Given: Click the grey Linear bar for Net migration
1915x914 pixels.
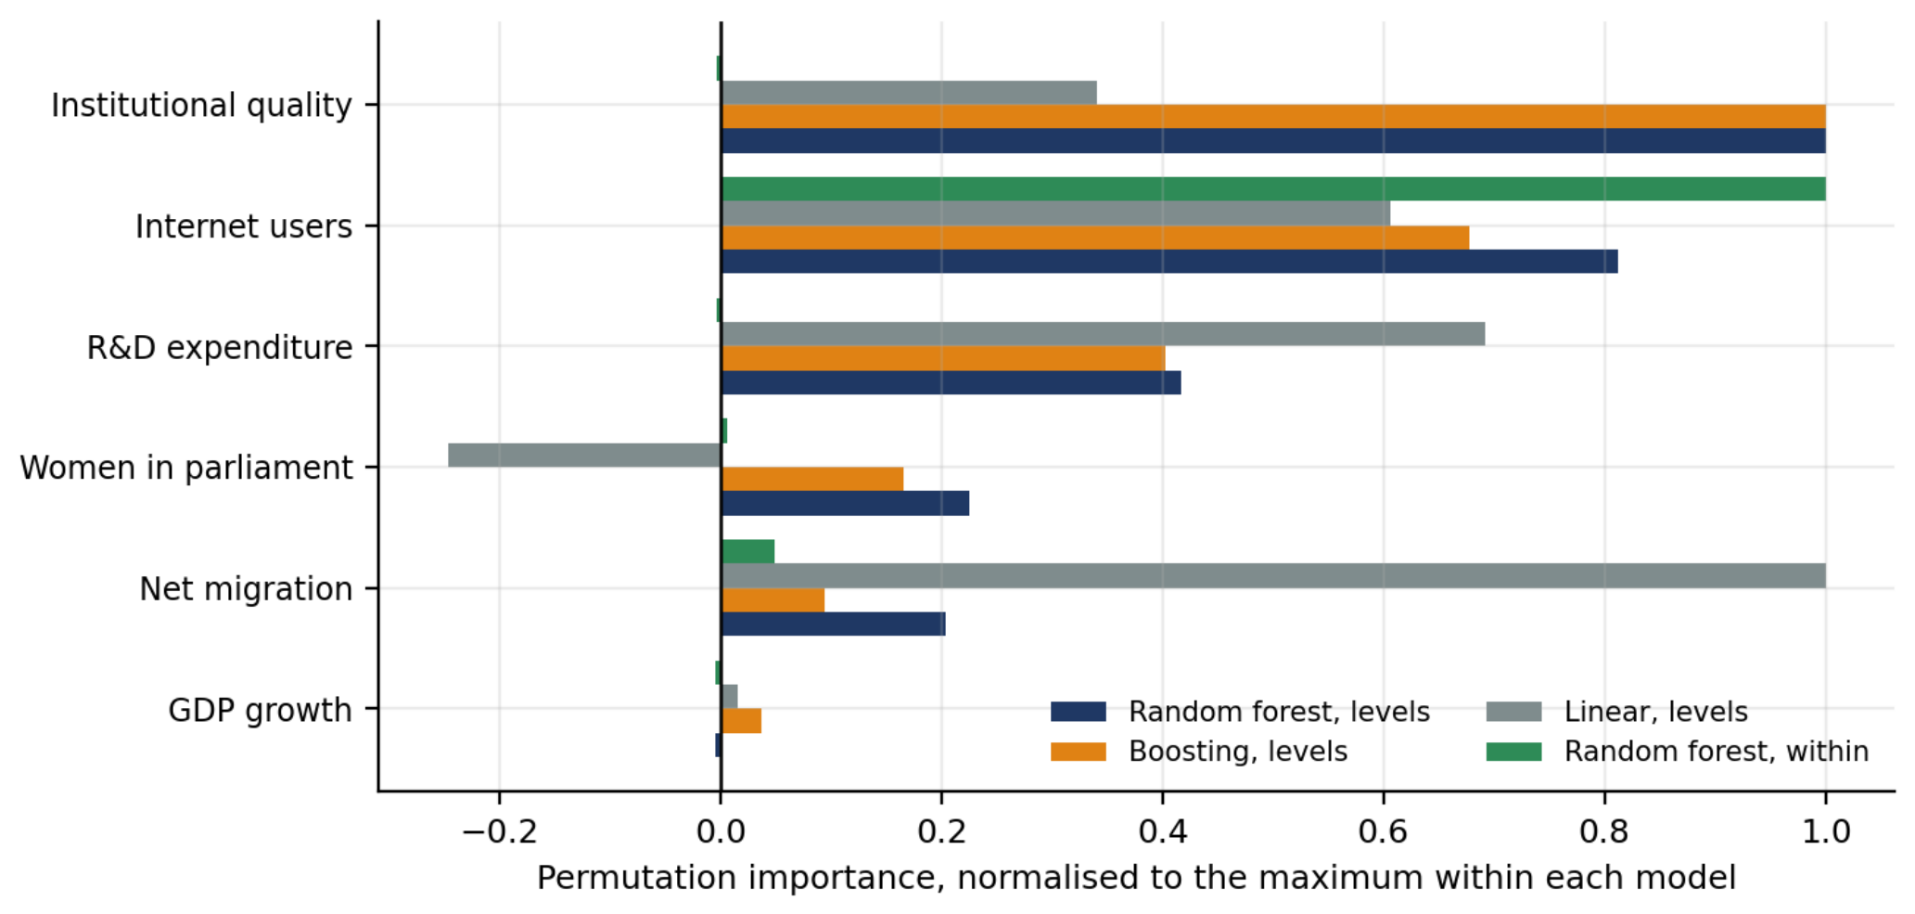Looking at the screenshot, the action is [x=1273, y=575].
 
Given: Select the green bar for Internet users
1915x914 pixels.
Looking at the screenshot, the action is [x=1273, y=188].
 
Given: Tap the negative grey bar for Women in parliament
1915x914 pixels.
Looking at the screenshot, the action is [x=584, y=455].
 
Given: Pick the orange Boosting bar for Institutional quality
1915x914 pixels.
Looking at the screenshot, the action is [x=1273, y=116].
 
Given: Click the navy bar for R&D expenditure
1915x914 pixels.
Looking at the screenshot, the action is [x=951, y=382].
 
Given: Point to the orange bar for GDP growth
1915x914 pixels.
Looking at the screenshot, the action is [x=741, y=721].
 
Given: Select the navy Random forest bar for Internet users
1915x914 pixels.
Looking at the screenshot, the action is [x=1169, y=261].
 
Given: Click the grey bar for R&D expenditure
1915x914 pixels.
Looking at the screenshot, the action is [x=1103, y=334].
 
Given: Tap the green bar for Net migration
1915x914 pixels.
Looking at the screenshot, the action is [x=747, y=551].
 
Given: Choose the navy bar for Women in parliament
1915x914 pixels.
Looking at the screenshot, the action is [x=845, y=503].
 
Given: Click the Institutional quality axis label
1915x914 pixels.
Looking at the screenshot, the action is [x=201, y=106].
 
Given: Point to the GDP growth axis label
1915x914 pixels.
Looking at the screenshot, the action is [x=260, y=711].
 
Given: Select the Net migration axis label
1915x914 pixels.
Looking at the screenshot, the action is [x=246, y=589].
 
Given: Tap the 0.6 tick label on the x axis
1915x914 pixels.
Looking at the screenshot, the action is [x=1384, y=831].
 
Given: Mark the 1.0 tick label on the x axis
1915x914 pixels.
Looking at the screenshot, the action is [x=1826, y=831].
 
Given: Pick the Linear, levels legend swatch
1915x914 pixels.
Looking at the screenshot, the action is [x=1513, y=712].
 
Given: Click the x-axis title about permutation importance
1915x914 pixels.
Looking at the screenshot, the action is [x=1136, y=878].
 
